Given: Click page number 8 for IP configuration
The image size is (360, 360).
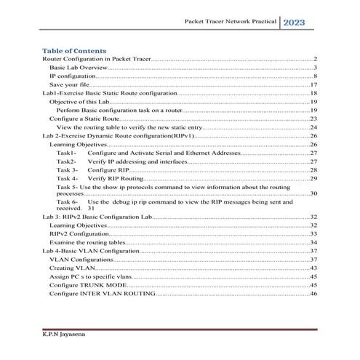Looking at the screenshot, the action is [315, 76].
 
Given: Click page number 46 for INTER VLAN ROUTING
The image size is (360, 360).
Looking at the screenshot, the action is [313, 294].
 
